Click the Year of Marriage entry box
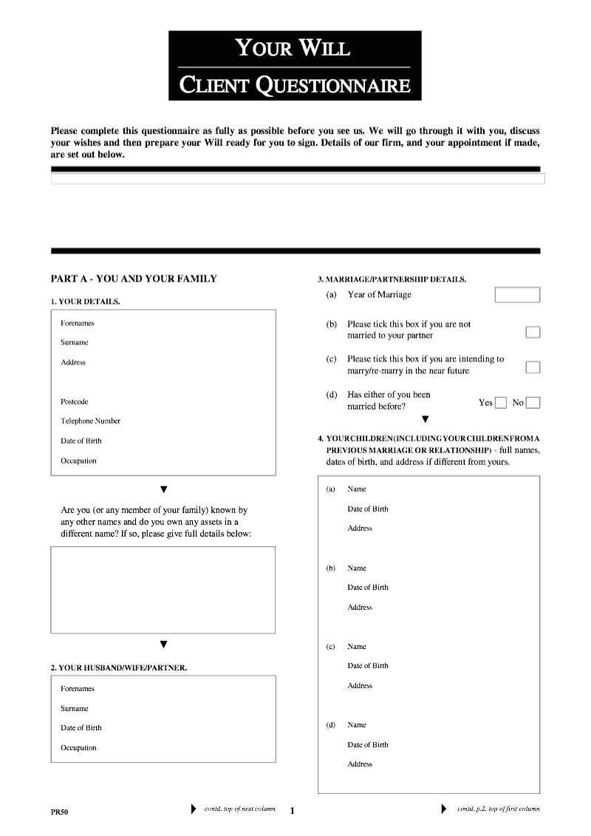[x=517, y=295]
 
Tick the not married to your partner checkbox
[x=533, y=332]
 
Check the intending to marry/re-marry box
[x=533, y=367]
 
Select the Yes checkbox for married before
[x=501, y=403]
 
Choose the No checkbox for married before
[x=533, y=403]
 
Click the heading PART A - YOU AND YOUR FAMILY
[x=134, y=279]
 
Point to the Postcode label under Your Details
[x=74, y=401]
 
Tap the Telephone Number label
[x=90, y=421]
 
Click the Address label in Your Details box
[x=73, y=362]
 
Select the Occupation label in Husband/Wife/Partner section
[x=78, y=747]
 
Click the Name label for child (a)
[x=357, y=489]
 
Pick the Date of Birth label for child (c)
[x=368, y=665]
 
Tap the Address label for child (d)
[x=360, y=764]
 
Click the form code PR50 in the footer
[x=59, y=812]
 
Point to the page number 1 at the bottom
[x=292, y=811]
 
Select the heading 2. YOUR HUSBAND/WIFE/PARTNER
[x=118, y=667]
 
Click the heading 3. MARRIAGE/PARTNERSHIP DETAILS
[x=392, y=279]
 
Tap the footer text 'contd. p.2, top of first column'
[x=498, y=809]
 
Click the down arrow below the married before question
[x=425, y=420]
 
